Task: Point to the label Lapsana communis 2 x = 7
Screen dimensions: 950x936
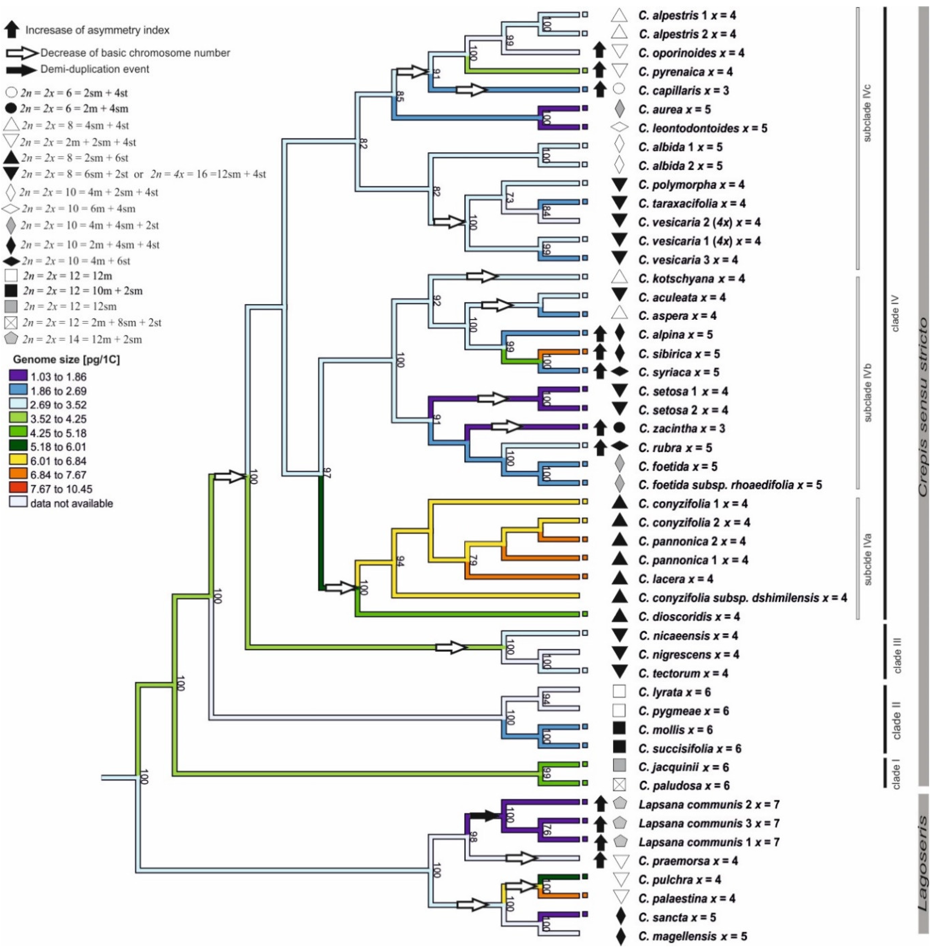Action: pyautogui.click(x=709, y=804)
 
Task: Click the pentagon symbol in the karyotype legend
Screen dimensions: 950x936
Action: pyautogui.click(x=11, y=339)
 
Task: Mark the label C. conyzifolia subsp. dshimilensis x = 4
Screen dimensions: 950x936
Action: pyautogui.click(x=742, y=597)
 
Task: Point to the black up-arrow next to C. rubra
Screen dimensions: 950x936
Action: pyautogui.click(x=599, y=447)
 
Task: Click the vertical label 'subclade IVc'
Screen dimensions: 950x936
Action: pyautogui.click(x=867, y=113)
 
